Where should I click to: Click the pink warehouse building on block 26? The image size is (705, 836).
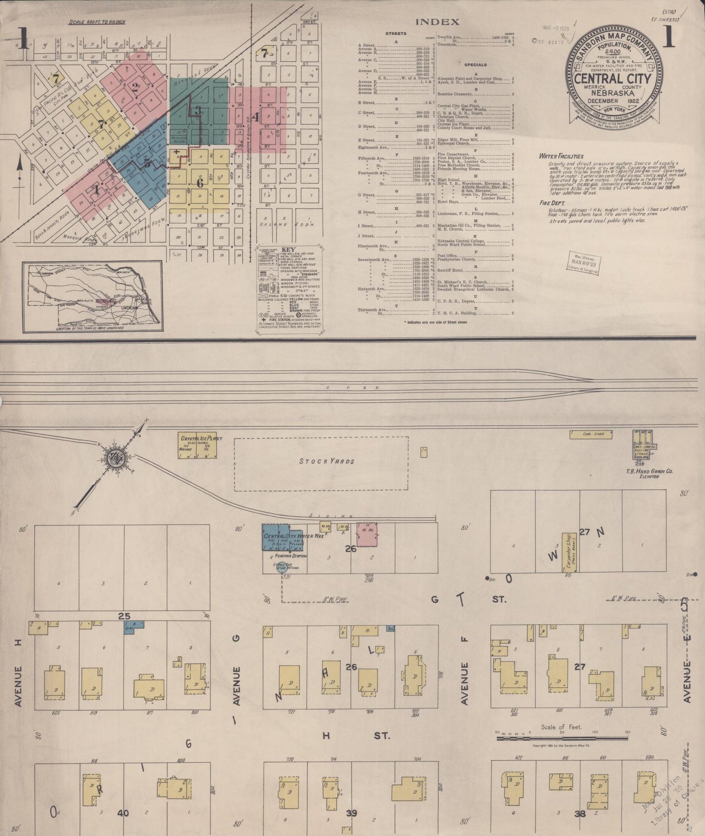tap(367, 534)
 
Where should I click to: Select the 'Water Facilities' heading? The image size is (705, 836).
tap(561, 156)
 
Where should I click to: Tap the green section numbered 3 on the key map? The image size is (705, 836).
tap(197, 110)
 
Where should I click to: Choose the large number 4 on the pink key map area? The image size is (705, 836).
tap(256, 117)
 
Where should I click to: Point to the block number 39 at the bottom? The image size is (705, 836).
tap(351, 813)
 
